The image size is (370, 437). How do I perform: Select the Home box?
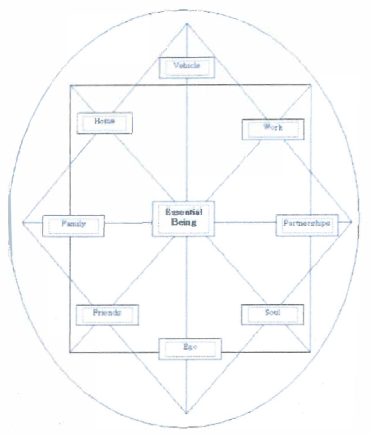pyautogui.click(x=105, y=123)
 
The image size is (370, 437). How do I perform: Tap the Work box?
pyautogui.click(x=273, y=129)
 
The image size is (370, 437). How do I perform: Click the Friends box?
pyautogui.click(x=107, y=315)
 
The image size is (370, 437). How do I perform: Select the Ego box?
pyautogui.click(x=190, y=349)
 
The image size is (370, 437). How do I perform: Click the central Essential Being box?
pyautogui.click(x=183, y=218)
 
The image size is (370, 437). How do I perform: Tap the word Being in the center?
pyautogui.click(x=184, y=222)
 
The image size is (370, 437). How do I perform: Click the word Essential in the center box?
pyautogui.click(x=184, y=212)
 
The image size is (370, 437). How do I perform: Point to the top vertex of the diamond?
pyautogui.click(x=187, y=24)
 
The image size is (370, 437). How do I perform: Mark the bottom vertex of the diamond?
pyautogui.click(x=186, y=413)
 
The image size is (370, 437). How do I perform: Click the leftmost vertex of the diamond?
pyautogui.click(x=23, y=223)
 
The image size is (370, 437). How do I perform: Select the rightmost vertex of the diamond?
pyautogui.click(x=351, y=222)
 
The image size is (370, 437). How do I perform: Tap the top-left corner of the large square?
pyautogui.click(x=70, y=85)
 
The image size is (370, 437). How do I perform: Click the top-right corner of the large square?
pyautogui.click(x=311, y=85)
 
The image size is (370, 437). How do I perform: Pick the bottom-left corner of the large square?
pyautogui.click(x=70, y=352)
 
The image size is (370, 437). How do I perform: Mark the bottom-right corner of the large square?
pyautogui.click(x=310, y=351)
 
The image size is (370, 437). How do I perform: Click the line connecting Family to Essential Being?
pyautogui.click(x=128, y=223)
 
